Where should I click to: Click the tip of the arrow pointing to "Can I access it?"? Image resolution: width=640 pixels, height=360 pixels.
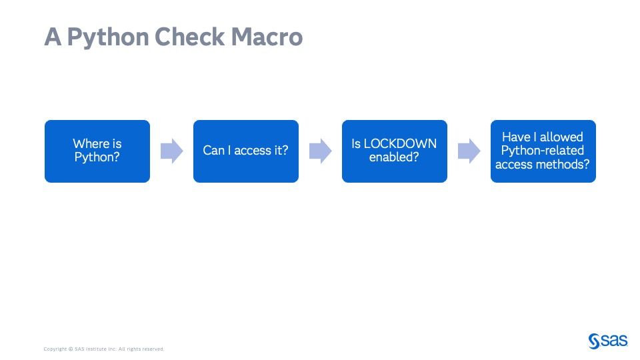pos(183,151)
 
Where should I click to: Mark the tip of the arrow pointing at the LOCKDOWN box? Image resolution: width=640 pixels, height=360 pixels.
pos(332,151)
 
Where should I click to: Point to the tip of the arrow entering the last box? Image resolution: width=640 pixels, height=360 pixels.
pos(481,151)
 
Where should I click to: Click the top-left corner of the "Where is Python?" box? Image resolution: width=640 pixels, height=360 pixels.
pos(45,120)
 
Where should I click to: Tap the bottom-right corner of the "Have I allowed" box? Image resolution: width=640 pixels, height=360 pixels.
pos(596,183)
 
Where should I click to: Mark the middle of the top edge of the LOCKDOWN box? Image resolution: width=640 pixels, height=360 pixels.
pos(395,120)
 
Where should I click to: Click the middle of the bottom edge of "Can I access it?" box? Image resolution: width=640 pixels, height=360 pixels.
pos(246,183)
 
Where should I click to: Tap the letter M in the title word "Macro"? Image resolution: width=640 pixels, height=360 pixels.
pos(241,37)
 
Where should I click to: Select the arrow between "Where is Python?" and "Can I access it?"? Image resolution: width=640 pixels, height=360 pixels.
pos(172,151)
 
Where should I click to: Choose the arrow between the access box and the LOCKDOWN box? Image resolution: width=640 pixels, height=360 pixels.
pos(321,151)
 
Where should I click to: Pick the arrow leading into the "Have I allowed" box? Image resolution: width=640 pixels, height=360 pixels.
pos(469,151)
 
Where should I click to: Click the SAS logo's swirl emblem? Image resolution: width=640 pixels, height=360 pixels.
pos(594,341)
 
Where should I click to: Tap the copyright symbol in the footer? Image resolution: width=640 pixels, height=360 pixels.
pos(71,349)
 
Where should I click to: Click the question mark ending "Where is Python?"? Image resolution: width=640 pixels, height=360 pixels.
pos(116,157)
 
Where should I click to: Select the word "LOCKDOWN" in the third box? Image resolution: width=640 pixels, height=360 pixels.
pos(400,144)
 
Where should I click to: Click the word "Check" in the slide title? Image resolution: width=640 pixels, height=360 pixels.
pos(189,37)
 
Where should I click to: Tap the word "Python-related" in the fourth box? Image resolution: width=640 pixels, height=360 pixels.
pos(543,151)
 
